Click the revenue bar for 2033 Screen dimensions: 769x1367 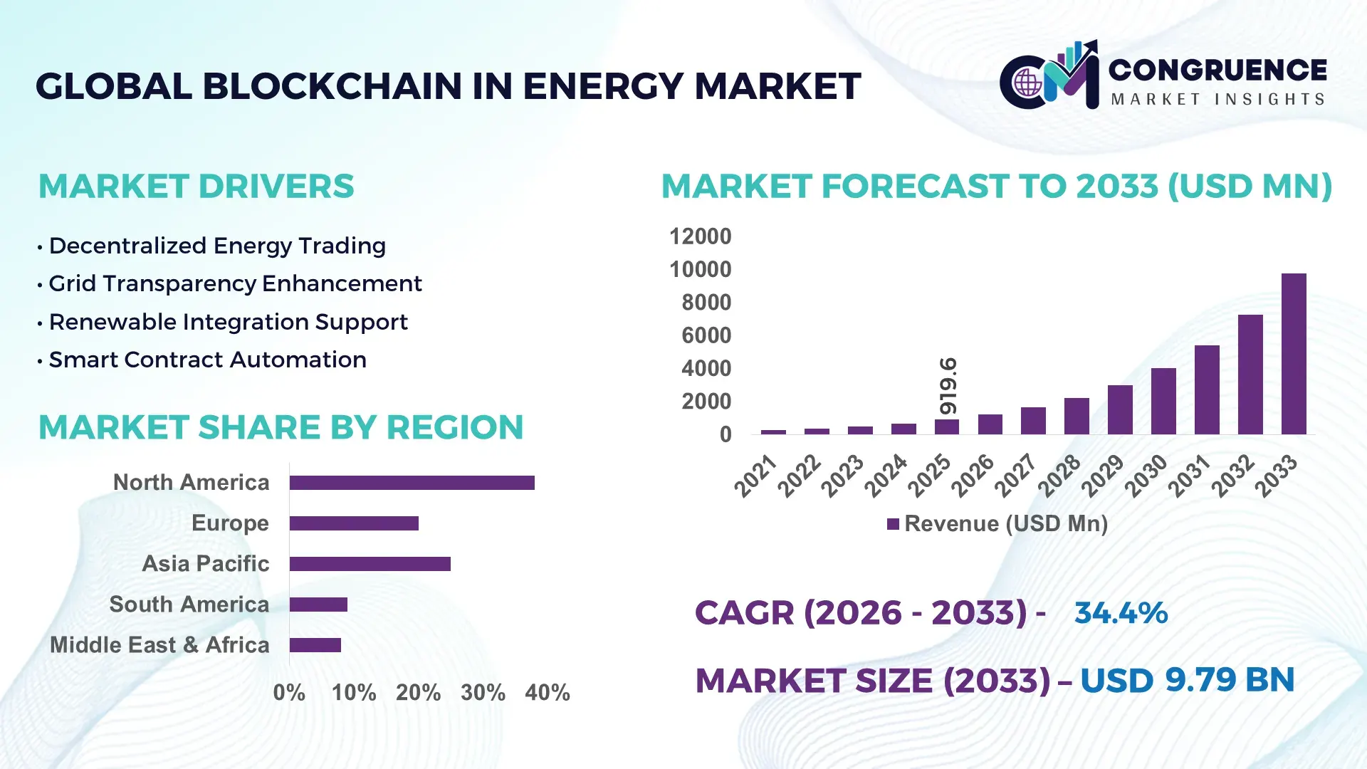(x=1294, y=354)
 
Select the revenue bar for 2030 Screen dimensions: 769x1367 (x=1163, y=401)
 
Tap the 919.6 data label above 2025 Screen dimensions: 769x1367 (x=948, y=386)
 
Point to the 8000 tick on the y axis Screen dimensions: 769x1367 (x=706, y=303)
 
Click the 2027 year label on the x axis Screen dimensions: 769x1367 (x=1016, y=475)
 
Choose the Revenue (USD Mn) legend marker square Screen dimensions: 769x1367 (x=893, y=524)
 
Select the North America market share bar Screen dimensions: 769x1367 (x=412, y=483)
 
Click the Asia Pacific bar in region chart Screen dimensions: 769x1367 (x=370, y=564)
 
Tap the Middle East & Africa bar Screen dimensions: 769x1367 (x=315, y=645)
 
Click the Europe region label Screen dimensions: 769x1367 (x=230, y=523)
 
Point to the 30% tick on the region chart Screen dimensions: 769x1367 (x=483, y=693)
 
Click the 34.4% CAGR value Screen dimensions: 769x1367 (x=1121, y=613)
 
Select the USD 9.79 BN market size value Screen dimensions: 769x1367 (x=1187, y=680)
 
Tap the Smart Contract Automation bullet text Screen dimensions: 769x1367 (x=207, y=360)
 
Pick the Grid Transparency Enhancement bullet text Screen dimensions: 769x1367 (x=235, y=284)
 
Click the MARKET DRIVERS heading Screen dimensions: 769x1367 (x=196, y=187)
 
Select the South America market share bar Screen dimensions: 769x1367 (x=318, y=605)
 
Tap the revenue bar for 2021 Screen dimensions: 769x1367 (x=773, y=431)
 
